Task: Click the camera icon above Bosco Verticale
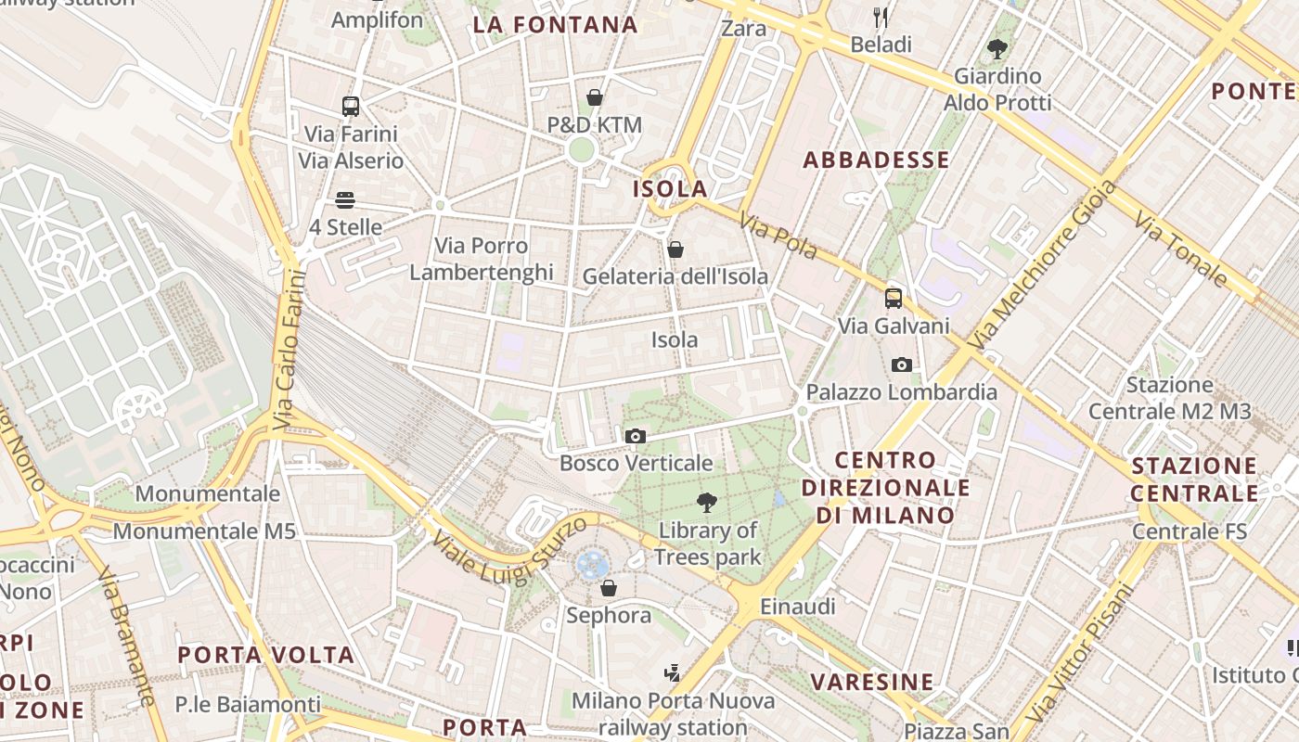point(636,436)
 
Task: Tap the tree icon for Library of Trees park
point(707,503)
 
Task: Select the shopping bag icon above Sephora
point(609,588)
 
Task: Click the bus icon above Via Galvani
point(894,299)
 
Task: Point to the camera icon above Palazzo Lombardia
point(901,365)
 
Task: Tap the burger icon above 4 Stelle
point(345,200)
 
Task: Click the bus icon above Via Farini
point(350,106)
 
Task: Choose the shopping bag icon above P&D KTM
point(595,97)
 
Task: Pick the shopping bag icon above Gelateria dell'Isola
point(675,249)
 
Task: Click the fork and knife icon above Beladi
point(881,17)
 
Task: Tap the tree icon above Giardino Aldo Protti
point(997,48)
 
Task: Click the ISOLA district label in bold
point(670,189)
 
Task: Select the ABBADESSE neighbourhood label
point(876,160)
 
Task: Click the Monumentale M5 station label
point(204,531)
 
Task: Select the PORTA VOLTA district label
point(265,655)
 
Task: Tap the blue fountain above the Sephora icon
point(591,562)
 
